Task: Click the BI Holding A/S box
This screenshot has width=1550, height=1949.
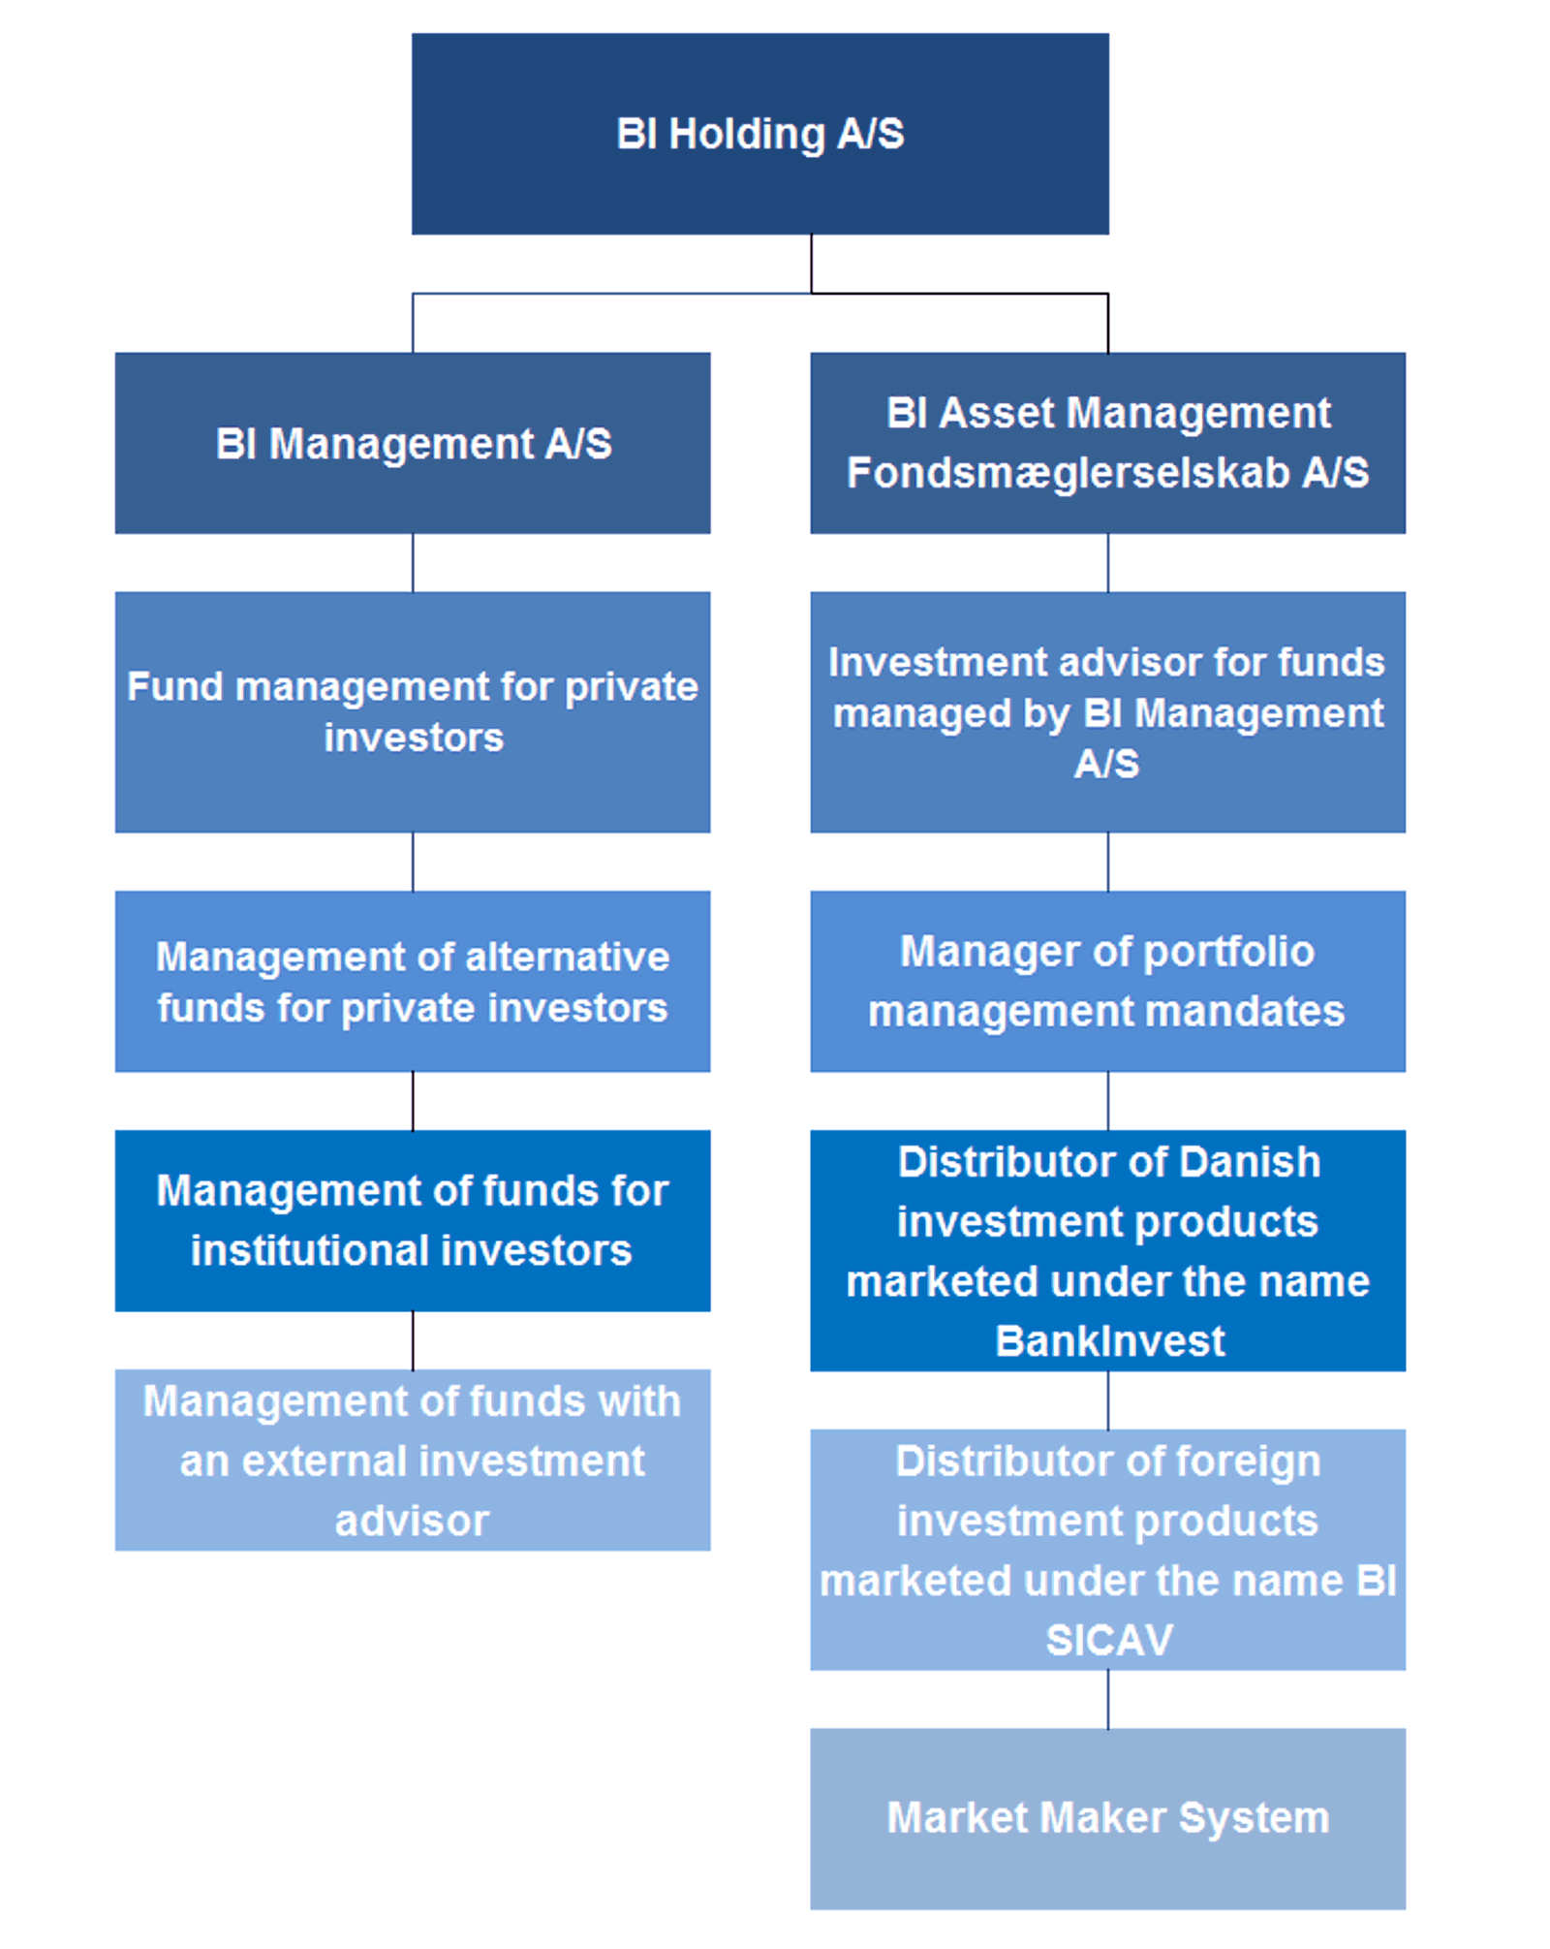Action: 759,134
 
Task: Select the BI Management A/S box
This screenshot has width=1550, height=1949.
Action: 413,443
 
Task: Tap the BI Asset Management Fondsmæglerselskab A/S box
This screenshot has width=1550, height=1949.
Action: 1107,443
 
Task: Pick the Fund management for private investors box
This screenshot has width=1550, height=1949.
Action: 413,712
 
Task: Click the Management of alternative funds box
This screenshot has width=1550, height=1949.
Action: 413,981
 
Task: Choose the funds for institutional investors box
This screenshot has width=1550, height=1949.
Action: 413,1220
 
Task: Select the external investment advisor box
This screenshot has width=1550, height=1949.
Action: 413,1460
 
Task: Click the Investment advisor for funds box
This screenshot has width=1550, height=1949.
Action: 1107,712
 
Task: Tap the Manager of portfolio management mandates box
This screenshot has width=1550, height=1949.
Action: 1107,981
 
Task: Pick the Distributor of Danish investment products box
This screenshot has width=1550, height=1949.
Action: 1107,1250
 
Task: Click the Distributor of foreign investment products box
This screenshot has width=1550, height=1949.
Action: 1107,1549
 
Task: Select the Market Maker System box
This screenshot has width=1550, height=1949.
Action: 1107,1818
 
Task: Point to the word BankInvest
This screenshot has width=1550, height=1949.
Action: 1110,1341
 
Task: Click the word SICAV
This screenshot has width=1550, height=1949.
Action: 1109,1641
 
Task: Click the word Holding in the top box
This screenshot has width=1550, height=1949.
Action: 746,135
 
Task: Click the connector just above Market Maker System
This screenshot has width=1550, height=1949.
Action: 1108,1699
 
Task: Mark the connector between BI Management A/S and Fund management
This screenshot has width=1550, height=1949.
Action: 413,562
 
